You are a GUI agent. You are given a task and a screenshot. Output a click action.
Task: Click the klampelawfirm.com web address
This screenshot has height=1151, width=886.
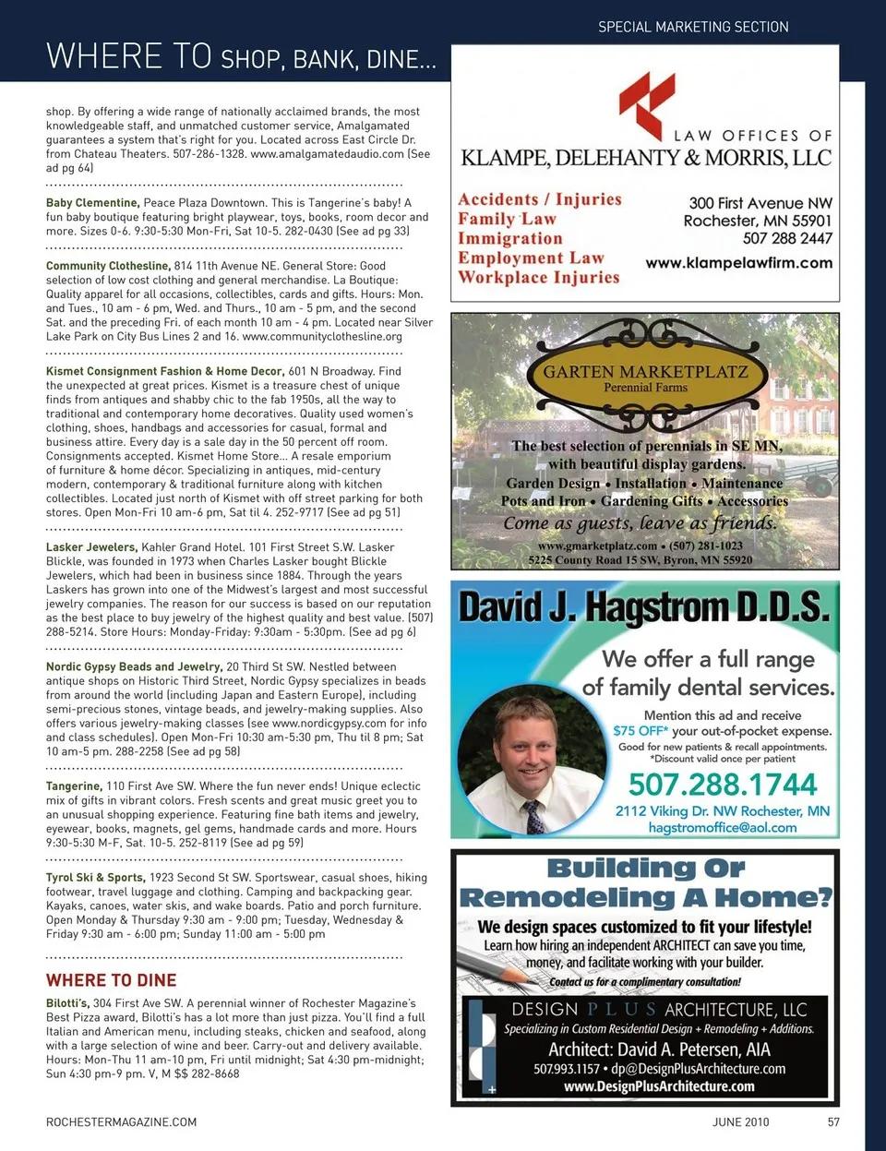tap(738, 263)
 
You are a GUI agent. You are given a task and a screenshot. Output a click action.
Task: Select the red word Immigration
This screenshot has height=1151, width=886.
tap(509, 238)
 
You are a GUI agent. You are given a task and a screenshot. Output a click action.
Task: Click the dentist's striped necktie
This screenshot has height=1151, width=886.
tap(533, 817)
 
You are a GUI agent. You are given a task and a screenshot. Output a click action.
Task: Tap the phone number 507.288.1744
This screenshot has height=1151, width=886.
tap(723, 785)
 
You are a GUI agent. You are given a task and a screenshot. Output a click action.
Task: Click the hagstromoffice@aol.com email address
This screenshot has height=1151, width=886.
tap(722, 828)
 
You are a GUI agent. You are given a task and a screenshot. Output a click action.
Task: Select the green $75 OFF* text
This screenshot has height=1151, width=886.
tap(641, 731)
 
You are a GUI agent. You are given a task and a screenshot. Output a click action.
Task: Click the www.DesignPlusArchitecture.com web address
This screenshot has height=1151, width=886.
tap(659, 1086)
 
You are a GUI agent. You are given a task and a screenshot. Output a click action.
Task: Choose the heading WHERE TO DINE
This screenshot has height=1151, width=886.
tap(111, 980)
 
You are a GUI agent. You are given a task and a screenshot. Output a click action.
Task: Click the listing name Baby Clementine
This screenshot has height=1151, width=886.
tap(92, 203)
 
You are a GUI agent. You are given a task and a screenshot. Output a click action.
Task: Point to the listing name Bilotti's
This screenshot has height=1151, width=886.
tap(67, 1003)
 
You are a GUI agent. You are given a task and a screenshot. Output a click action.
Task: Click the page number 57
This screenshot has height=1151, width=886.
tap(833, 1122)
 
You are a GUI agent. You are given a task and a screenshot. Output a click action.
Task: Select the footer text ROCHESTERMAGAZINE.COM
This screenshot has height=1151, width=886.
tap(121, 1122)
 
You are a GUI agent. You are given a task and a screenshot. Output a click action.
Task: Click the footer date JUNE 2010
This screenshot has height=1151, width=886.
tap(740, 1122)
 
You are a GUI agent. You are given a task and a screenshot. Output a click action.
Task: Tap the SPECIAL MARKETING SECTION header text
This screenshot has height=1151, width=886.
tap(693, 27)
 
